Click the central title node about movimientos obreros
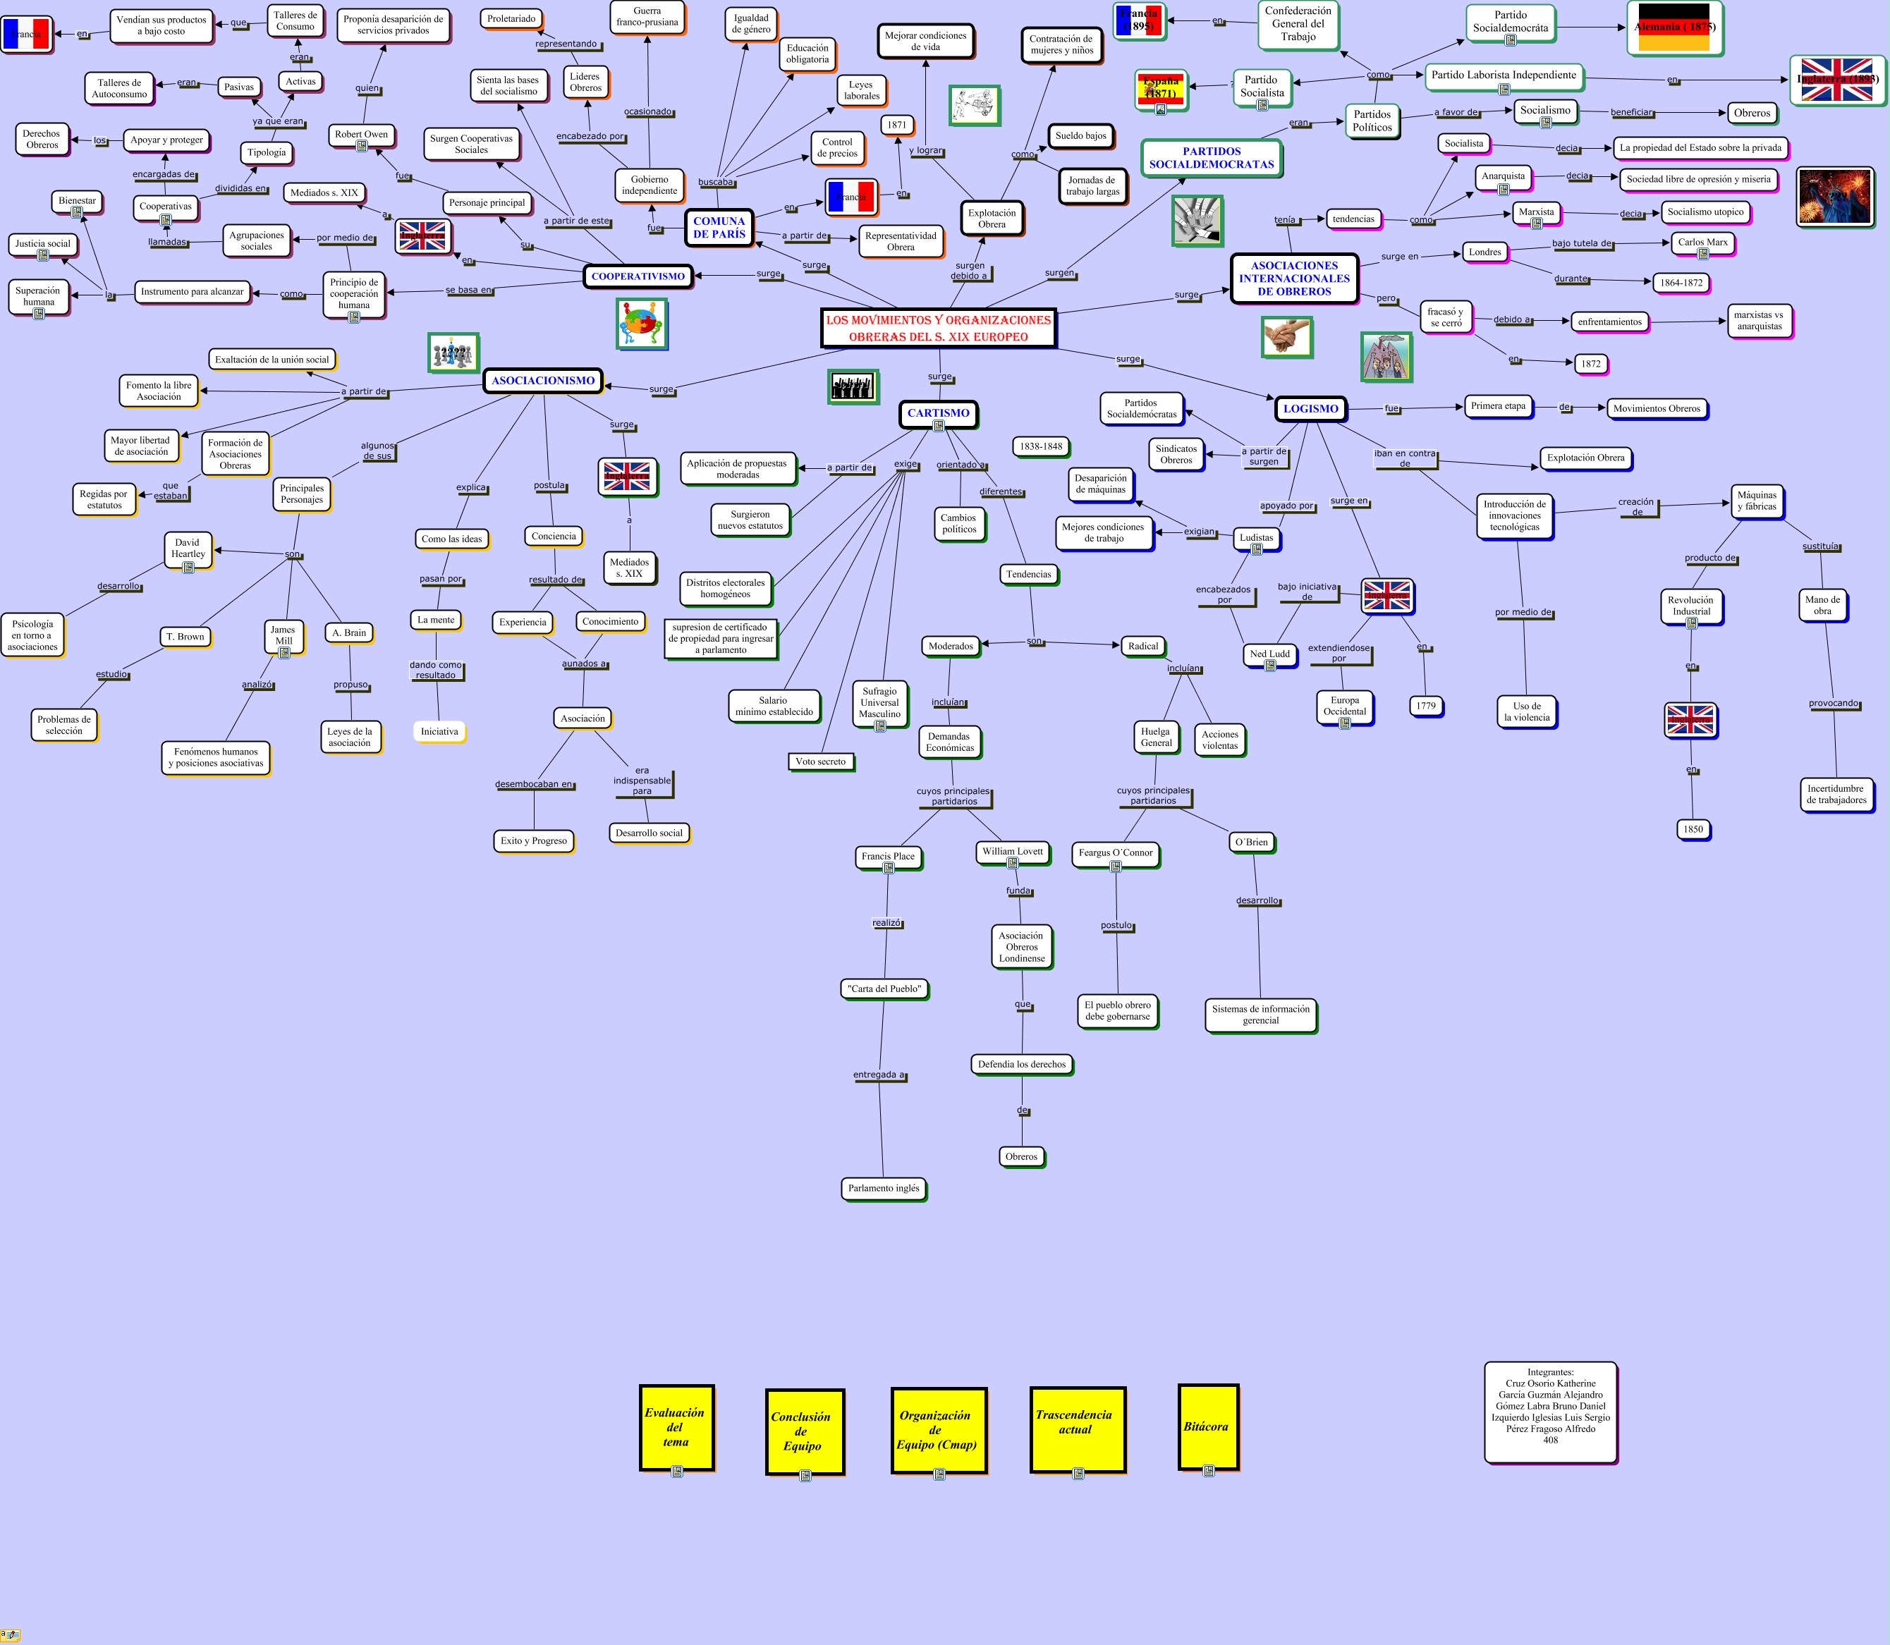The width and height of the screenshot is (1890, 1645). point(938,328)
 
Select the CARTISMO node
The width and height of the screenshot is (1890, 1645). point(938,413)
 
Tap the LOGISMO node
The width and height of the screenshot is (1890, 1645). point(1310,408)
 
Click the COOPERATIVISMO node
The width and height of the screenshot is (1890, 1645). point(638,276)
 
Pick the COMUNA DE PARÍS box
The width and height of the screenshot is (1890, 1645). point(719,228)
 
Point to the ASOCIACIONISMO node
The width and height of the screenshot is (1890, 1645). point(542,380)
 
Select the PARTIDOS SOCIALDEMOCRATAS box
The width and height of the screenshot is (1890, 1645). point(1211,158)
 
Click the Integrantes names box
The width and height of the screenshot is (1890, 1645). point(1549,1411)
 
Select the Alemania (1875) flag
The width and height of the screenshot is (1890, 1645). point(1674,27)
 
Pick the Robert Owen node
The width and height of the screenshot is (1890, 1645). point(361,135)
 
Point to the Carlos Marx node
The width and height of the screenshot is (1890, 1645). point(1702,243)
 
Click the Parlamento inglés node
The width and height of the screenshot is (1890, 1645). point(883,1188)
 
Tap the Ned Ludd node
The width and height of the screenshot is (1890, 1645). point(1269,654)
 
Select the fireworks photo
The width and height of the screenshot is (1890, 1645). point(1834,197)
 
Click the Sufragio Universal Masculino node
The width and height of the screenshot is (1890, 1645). point(879,703)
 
